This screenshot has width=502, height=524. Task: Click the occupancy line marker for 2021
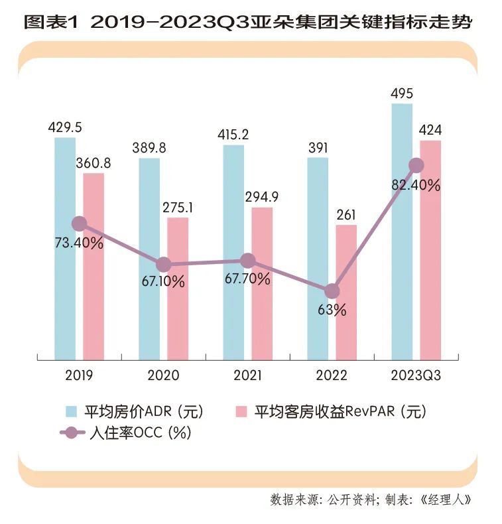[x=247, y=261]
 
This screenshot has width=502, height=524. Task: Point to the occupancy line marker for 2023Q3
[x=416, y=165]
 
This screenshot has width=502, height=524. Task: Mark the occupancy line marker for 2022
[x=332, y=291]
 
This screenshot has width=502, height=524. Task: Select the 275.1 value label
[x=178, y=208]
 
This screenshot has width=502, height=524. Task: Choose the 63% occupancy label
[x=332, y=310]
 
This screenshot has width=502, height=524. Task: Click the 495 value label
[x=403, y=94]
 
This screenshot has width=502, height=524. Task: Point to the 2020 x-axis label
[x=164, y=375]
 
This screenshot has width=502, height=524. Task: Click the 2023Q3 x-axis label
[x=416, y=375]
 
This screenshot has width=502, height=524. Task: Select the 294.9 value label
[x=262, y=198]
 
